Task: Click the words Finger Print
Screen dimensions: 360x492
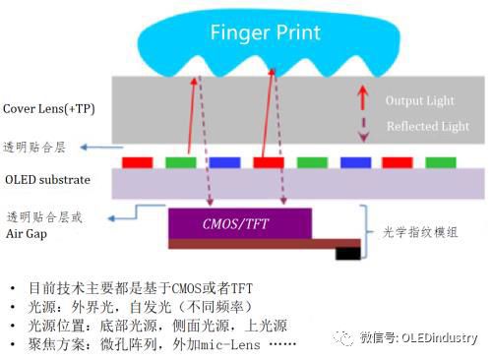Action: coord(266,32)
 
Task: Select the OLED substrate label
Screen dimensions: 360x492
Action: coord(48,179)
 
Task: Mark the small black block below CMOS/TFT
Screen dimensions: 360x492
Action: coord(347,253)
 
